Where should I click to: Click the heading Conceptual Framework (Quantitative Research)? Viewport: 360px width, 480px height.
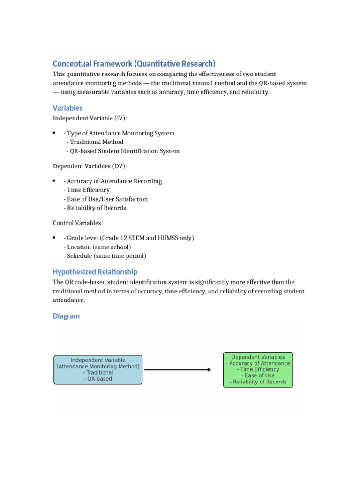point(134,64)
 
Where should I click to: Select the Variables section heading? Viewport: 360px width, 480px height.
point(67,108)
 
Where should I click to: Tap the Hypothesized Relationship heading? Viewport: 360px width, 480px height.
point(95,272)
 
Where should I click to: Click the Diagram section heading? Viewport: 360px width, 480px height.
point(66,316)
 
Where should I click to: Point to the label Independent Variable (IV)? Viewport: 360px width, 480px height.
point(90,118)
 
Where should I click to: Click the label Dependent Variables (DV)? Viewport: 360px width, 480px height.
point(90,166)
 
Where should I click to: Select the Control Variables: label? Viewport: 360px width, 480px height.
point(77,223)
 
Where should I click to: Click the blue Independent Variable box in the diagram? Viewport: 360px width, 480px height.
point(98,369)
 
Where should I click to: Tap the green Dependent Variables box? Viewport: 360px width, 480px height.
point(258,369)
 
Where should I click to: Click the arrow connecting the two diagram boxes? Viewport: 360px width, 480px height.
point(178,370)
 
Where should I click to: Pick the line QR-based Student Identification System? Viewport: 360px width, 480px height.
point(123,151)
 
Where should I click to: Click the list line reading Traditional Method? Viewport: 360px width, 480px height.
point(95,142)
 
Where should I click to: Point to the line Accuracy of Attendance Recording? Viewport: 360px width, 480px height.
point(112,181)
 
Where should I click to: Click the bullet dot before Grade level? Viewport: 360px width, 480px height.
point(55,238)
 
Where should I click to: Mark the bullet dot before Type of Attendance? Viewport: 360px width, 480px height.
point(55,133)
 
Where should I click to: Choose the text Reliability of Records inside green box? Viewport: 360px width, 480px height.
point(258,382)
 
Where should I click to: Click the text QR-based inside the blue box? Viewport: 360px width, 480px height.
point(97,379)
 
